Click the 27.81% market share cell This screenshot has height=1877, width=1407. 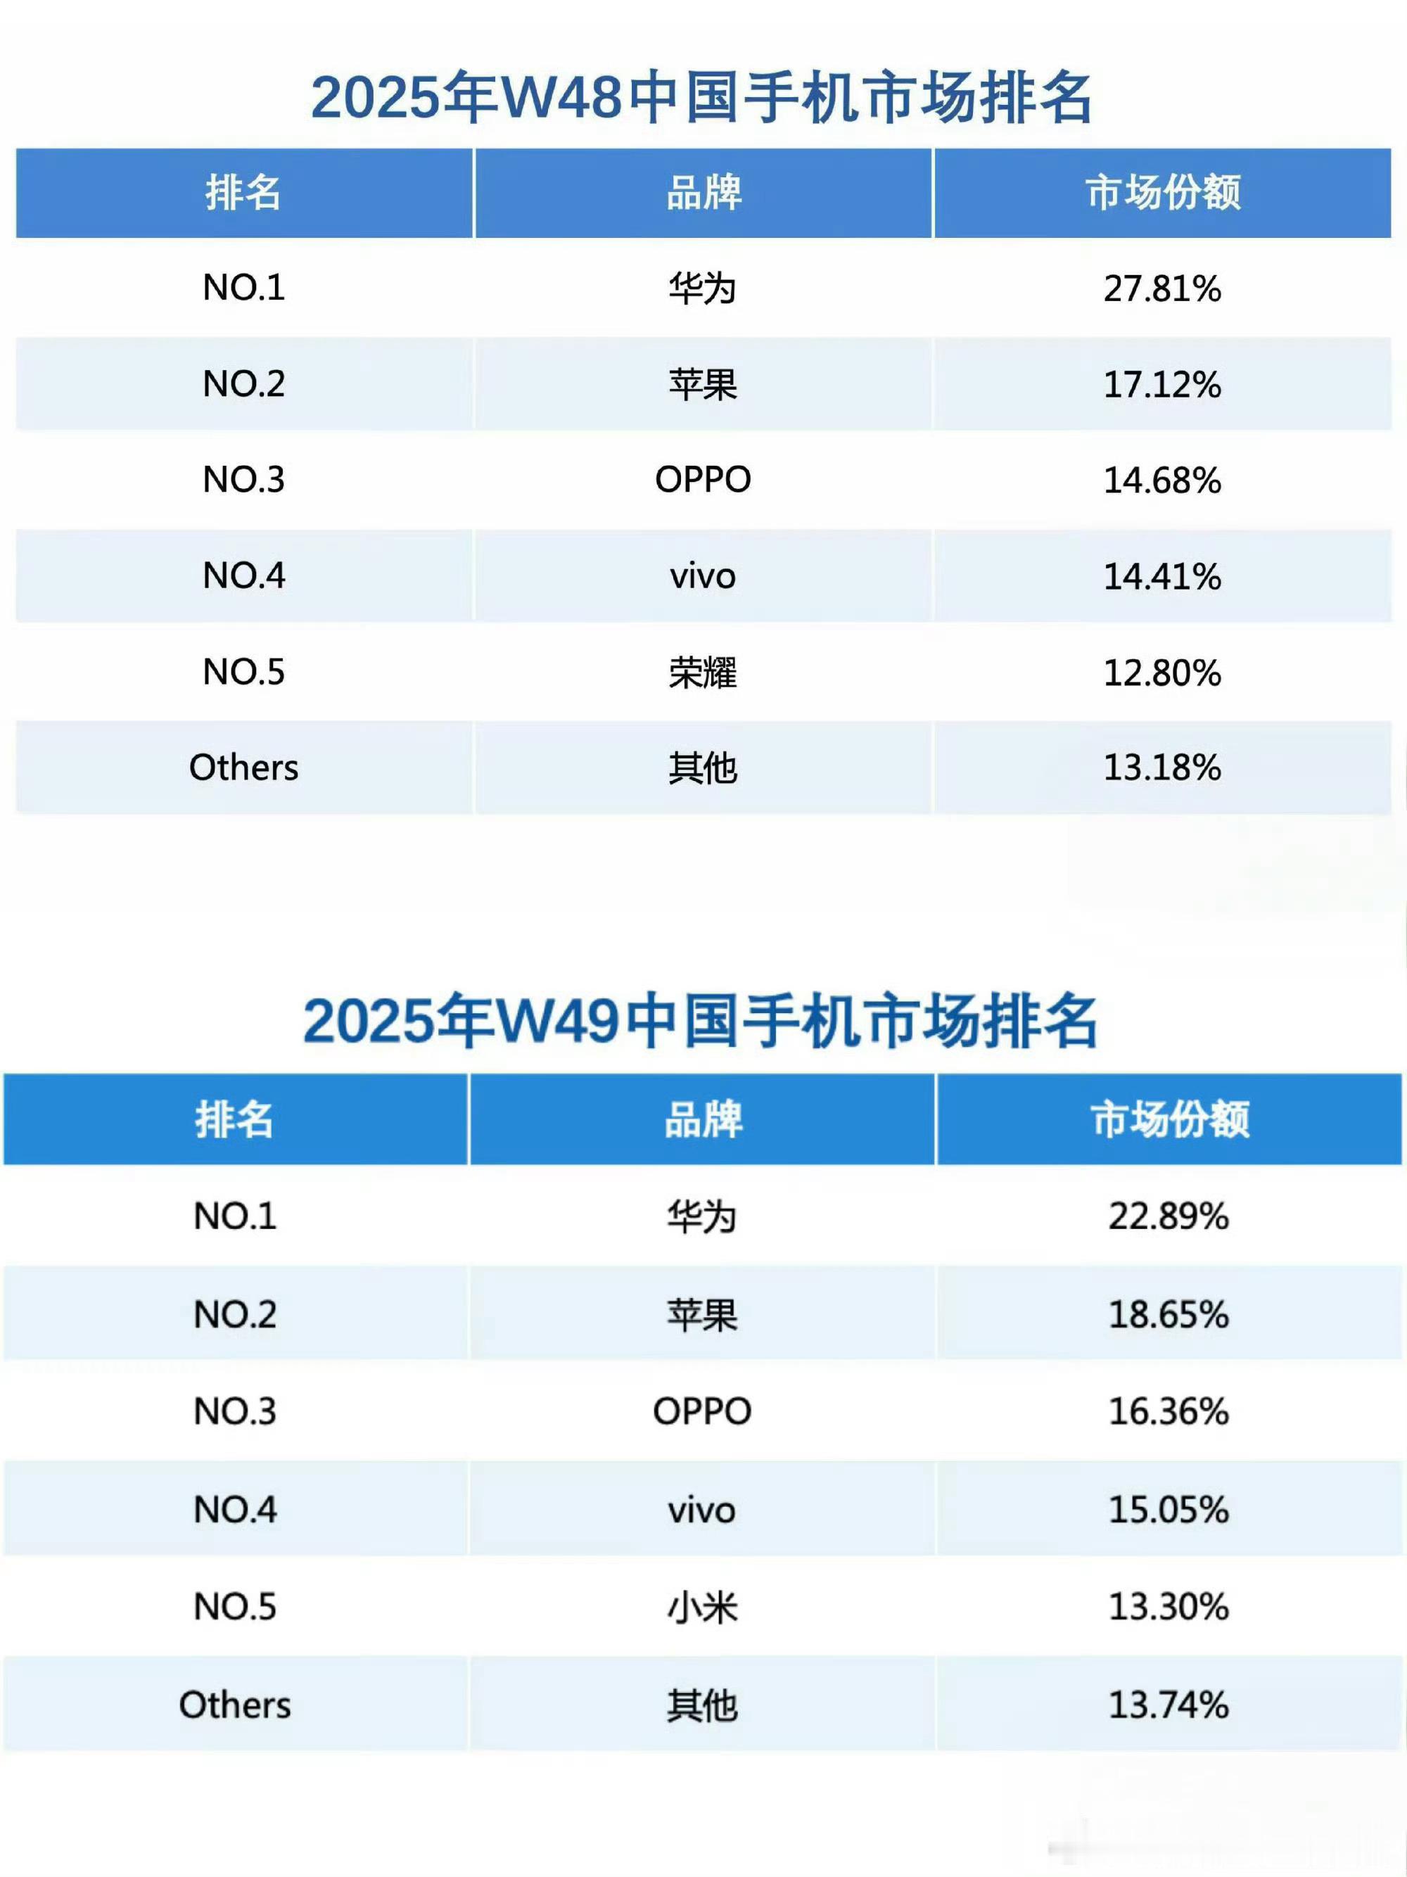pyautogui.click(x=1161, y=288)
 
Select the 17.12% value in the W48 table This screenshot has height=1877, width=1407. pyautogui.click(x=1161, y=384)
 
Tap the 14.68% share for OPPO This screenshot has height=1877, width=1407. pyautogui.click(x=1161, y=481)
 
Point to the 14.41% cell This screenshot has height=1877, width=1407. pyautogui.click(x=1161, y=576)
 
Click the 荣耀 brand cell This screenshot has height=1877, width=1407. pyautogui.click(x=703, y=672)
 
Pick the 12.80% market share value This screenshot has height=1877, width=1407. pyautogui.click(x=1161, y=672)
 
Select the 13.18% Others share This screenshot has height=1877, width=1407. pyautogui.click(x=1161, y=767)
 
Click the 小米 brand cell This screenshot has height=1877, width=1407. pyautogui.click(x=703, y=1606)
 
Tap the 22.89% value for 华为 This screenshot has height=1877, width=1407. pyautogui.click(x=1168, y=1216)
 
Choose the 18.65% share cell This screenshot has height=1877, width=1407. pyautogui.click(x=1168, y=1314)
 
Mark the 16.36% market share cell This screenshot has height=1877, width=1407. pyautogui.click(x=1168, y=1411)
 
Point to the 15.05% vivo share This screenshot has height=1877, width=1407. pyautogui.click(x=1168, y=1510)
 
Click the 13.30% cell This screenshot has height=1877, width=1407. pyautogui.click(x=1168, y=1606)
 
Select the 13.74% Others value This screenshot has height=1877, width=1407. pyautogui.click(x=1168, y=1705)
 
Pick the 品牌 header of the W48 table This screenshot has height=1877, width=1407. pyautogui.click(x=703, y=193)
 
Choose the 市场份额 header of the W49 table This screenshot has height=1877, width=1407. pyautogui.click(x=1169, y=1119)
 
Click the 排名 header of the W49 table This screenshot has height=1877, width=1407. pyautogui.click(x=234, y=1119)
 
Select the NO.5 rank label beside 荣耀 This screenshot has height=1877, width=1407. pyautogui.click(x=243, y=672)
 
